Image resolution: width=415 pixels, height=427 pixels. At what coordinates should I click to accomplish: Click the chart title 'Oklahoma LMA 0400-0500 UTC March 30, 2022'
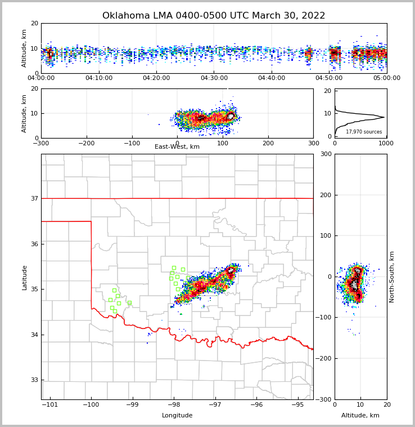pyautogui.click(x=214, y=16)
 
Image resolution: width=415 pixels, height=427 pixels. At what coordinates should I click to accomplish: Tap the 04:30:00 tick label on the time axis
pyautogui.click(x=214, y=78)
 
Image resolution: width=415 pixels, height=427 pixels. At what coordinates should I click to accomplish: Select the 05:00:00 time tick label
pyautogui.click(x=387, y=78)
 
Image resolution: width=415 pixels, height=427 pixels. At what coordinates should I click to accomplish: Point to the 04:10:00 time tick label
pyautogui.click(x=99, y=78)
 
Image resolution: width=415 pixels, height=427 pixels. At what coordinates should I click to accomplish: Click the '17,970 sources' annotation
pyautogui.click(x=363, y=132)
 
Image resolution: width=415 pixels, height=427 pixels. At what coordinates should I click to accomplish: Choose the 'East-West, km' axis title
pyautogui.click(x=177, y=147)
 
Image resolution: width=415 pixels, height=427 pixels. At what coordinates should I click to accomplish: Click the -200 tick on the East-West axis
pyautogui.click(x=87, y=143)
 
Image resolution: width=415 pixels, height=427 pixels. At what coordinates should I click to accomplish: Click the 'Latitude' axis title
pyautogui.click(x=25, y=277)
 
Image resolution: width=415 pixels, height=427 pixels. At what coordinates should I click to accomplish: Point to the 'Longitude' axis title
pyautogui.click(x=177, y=416)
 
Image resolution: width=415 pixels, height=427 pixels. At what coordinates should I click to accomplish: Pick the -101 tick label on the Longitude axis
pyautogui.click(x=50, y=405)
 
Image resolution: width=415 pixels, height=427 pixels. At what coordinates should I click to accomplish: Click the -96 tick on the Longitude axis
pyautogui.click(x=256, y=405)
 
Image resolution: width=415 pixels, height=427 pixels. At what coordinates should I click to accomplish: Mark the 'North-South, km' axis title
pyautogui.click(x=392, y=277)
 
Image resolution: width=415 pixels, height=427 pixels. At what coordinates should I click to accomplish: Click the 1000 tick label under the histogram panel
pyautogui.click(x=386, y=143)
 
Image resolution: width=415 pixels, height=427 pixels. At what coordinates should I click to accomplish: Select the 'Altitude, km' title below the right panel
pyautogui.click(x=360, y=416)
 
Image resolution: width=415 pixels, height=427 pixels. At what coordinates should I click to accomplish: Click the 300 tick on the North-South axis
pyautogui.click(x=326, y=154)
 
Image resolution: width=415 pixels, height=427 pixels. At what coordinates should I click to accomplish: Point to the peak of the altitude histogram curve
pyautogui.click(x=384, y=117)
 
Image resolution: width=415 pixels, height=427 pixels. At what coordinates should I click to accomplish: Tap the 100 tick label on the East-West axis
pyautogui.click(x=223, y=143)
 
